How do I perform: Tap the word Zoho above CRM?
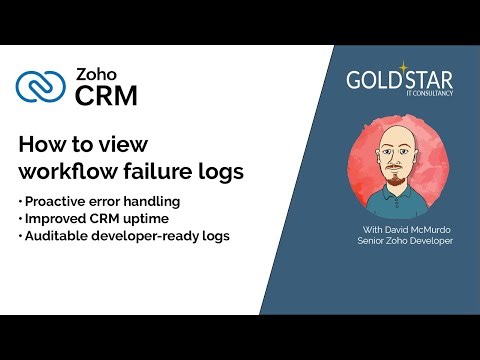(x=98, y=75)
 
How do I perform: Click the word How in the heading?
(x=40, y=143)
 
